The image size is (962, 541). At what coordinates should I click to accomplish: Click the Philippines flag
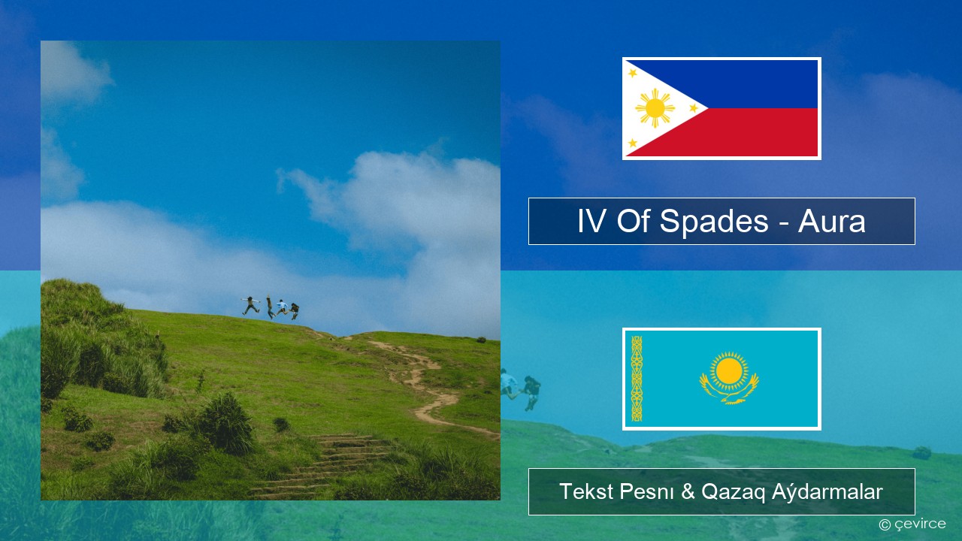pos(721,108)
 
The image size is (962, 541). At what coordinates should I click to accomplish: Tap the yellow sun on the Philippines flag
pos(655,108)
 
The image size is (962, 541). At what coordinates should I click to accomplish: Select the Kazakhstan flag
pos(721,379)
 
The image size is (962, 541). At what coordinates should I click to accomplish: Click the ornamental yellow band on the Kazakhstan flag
pos(637,379)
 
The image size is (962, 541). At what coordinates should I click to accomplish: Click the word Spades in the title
pos(713,221)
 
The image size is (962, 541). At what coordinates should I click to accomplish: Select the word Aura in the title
pos(831,222)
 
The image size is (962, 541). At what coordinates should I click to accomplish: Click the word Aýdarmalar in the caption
pos(827,491)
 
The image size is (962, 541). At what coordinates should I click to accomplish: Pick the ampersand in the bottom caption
pos(688,491)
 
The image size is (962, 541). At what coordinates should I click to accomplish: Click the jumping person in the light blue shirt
pos(282,307)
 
